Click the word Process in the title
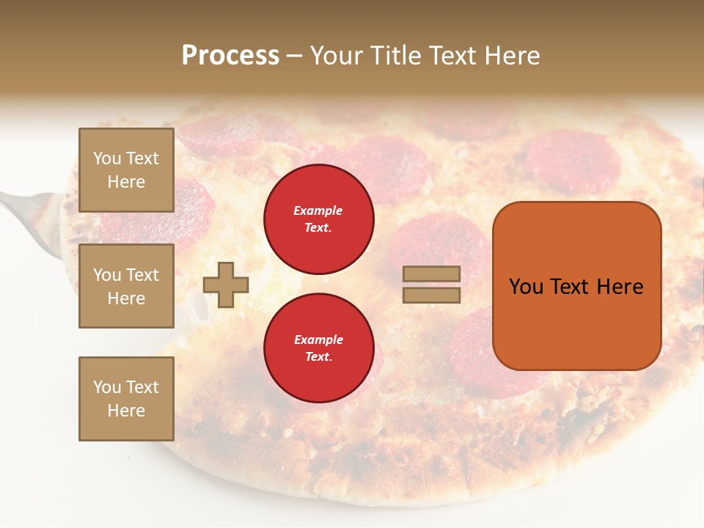[230, 56]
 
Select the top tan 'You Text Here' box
[126, 170]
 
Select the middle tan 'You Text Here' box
[126, 286]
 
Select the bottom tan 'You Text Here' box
[126, 398]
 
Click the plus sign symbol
[226, 285]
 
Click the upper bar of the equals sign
[432, 274]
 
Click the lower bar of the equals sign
[432, 296]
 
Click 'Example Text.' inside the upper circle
[318, 219]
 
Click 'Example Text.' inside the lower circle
[318, 348]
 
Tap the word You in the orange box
[526, 287]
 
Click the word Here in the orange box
[620, 287]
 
